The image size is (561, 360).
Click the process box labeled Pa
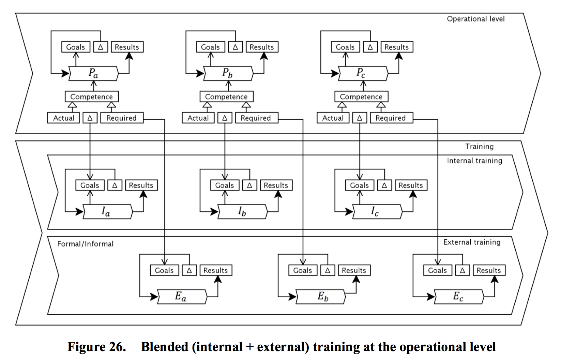[x=94, y=74]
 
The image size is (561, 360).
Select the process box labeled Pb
[x=228, y=74]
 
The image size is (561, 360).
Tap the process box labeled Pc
[x=363, y=74]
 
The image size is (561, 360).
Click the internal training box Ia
[x=107, y=212]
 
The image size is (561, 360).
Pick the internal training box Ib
[x=242, y=212]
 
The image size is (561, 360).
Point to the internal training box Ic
[x=377, y=212]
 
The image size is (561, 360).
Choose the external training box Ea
[x=182, y=297]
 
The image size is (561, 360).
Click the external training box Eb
[x=321, y=297]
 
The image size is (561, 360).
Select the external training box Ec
[x=459, y=297]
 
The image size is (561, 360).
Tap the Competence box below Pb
[x=226, y=97]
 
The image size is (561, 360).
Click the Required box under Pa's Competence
[x=122, y=118]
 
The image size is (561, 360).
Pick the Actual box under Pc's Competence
[x=333, y=118]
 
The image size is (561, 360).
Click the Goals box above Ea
[x=164, y=270]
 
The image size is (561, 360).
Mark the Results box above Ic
[x=411, y=185]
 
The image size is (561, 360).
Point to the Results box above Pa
[x=127, y=47]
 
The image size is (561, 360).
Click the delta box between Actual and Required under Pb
[x=225, y=118]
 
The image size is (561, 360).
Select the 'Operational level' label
[x=476, y=19]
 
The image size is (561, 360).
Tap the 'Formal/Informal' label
[x=85, y=244]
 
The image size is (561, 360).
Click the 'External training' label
[x=472, y=242]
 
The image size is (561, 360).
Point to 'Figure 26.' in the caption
[x=97, y=347]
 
